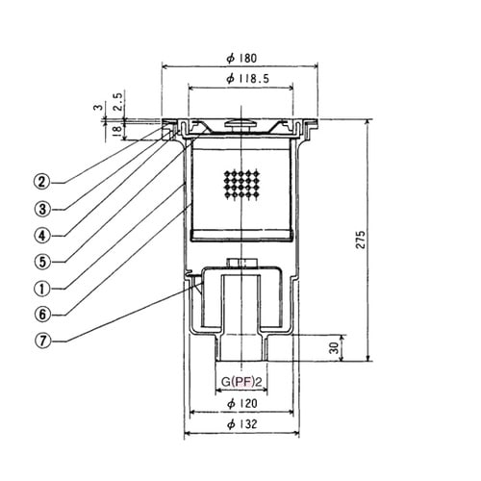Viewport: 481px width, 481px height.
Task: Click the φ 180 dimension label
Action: (241, 58)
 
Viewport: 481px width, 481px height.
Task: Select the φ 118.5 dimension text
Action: (247, 79)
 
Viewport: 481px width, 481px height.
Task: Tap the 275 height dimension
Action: (361, 240)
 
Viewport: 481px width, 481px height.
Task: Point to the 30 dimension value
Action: (334, 348)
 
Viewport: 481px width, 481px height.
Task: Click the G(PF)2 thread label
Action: (241, 382)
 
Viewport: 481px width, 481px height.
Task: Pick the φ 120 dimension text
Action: (242, 403)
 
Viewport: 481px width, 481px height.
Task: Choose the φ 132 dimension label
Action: (242, 424)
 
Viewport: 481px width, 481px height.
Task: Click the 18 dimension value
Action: (117, 129)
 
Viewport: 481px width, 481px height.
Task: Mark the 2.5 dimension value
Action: (117, 102)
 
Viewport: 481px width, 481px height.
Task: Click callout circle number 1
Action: (42, 289)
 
